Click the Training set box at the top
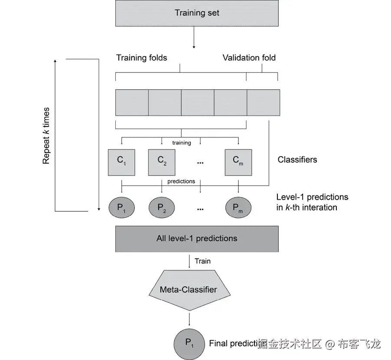[x=197, y=13]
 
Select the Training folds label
[x=141, y=58]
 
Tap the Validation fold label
[x=249, y=58]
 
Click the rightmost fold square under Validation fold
[x=263, y=103]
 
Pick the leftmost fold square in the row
[x=132, y=103]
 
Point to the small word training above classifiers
[x=181, y=143]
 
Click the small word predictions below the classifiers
[x=181, y=182]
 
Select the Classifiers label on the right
[x=297, y=160]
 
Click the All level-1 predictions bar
[x=197, y=238]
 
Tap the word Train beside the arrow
[x=202, y=261]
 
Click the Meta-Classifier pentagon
[x=189, y=289]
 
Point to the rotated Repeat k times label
[x=46, y=136]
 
